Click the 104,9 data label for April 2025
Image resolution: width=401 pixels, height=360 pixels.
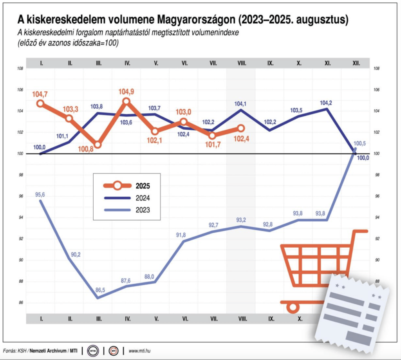click(x=126, y=92)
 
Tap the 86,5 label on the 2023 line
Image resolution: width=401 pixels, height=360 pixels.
click(x=99, y=290)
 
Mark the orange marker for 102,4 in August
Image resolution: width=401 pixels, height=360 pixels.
click(x=241, y=128)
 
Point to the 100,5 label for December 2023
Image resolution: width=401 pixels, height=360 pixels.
click(x=359, y=144)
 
